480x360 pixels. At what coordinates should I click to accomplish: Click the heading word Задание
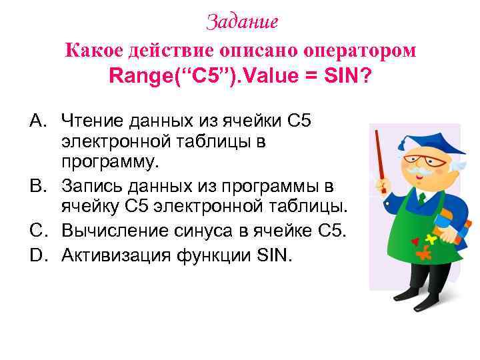pos(242,22)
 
